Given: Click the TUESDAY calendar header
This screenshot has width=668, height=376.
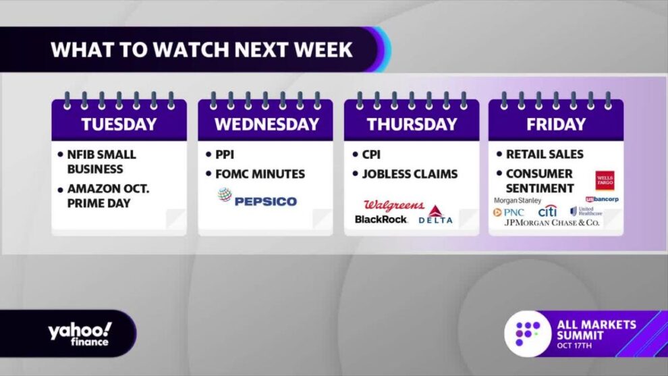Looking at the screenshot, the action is tap(119, 124).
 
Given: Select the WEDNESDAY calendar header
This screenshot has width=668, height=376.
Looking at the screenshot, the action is tap(267, 124).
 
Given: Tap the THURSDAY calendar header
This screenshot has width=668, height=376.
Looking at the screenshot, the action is tap(412, 124).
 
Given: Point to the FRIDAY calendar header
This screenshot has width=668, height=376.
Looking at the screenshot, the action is tap(556, 124).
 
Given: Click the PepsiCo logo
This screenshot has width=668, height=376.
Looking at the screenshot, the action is tap(257, 198).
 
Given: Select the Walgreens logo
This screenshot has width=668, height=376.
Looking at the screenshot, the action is tap(394, 205).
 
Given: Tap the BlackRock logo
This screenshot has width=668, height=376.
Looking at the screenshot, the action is tap(381, 219).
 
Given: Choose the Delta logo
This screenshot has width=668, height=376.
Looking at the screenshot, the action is tap(435, 215).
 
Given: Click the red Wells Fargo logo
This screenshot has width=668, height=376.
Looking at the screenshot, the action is tap(605, 181).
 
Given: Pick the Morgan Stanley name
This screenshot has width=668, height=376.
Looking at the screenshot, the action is tap(517, 200).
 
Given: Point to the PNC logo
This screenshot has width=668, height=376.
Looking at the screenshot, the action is tap(508, 212).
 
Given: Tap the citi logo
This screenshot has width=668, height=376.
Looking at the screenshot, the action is tap(547, 211).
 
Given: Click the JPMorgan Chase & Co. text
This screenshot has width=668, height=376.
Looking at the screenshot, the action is tap(552, 223).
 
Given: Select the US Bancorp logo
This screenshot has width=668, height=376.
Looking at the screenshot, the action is tap(602, 199).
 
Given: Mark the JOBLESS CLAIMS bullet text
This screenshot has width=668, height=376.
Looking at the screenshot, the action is tap(410, 174).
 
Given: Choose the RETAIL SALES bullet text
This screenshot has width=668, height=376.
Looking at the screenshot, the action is tap(545, 155).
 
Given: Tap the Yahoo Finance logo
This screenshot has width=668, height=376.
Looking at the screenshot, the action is tap(80, 334).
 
